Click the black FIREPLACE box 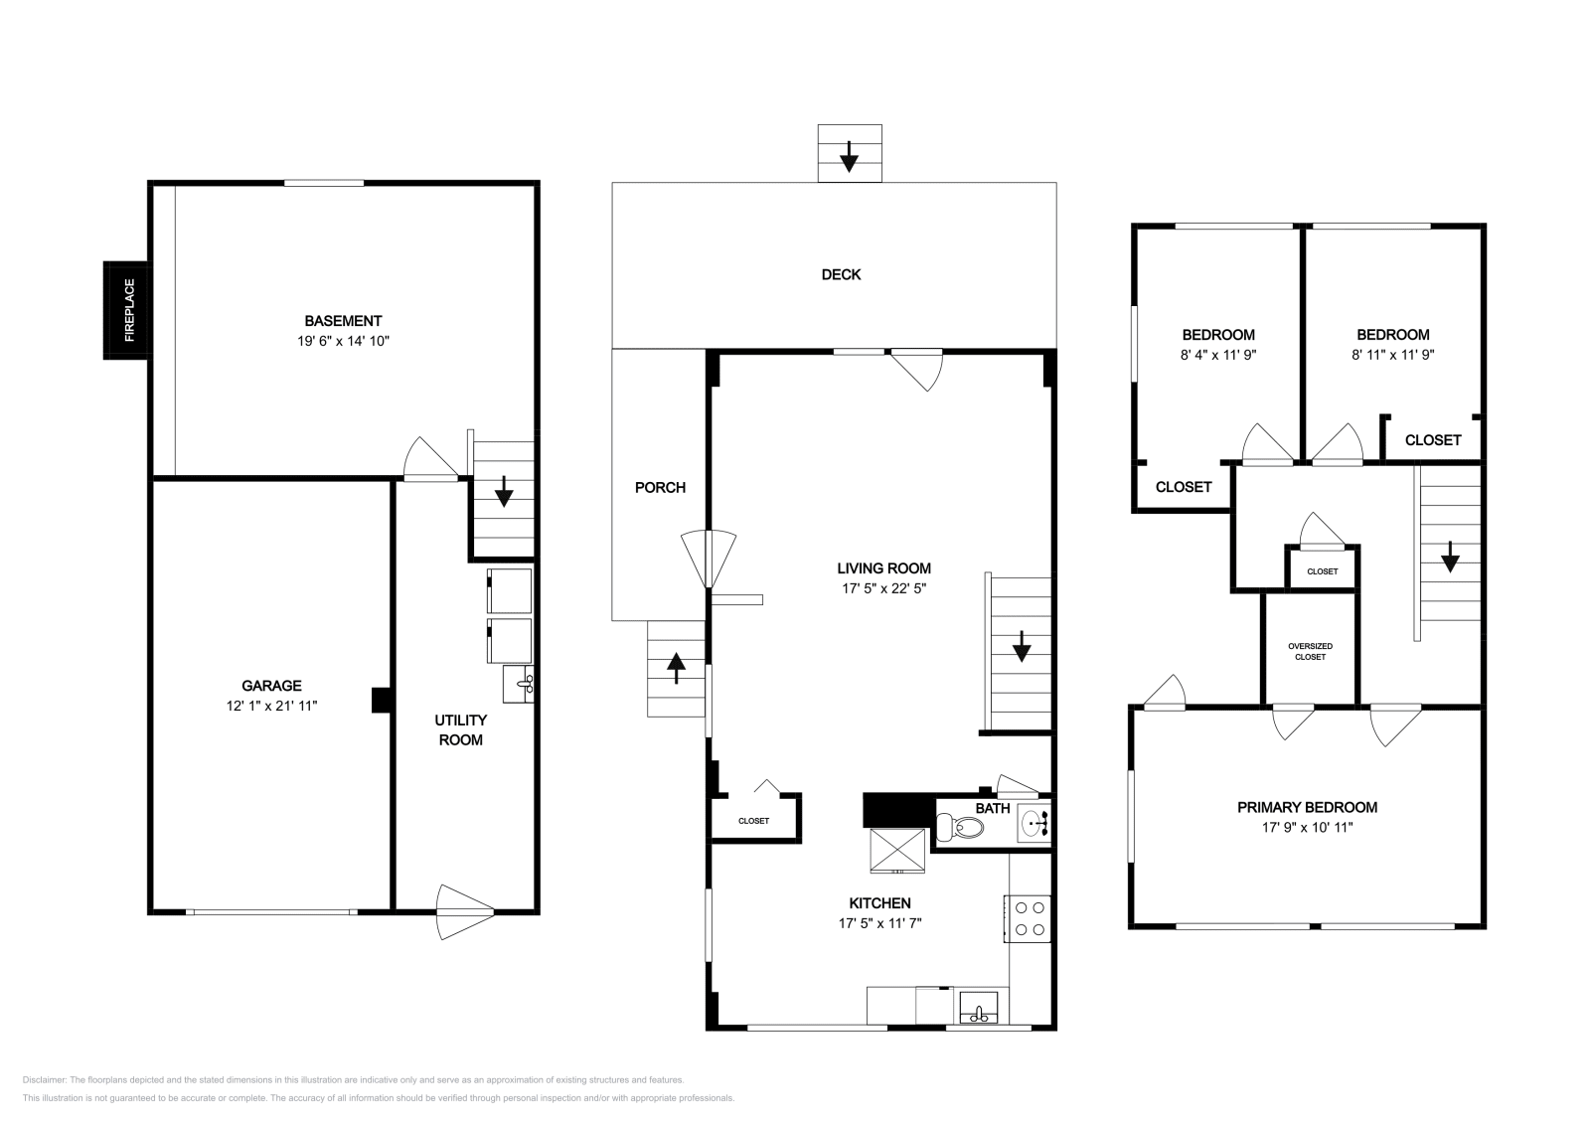[x=126, y=310]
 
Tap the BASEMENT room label [x=343, y=321]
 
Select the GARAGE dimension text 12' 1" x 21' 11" [x=271, y=706]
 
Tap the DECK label [x=841, y=274]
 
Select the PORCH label [x=660, y=487]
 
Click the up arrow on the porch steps [x=676, y=668]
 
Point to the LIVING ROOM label [x=883, y=568]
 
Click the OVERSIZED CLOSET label [x=1310, y=651]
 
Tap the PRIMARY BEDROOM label [x=1307, y=807]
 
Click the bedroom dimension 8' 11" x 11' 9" [x=1392, y=354]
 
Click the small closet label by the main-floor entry [x=753, y=821]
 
